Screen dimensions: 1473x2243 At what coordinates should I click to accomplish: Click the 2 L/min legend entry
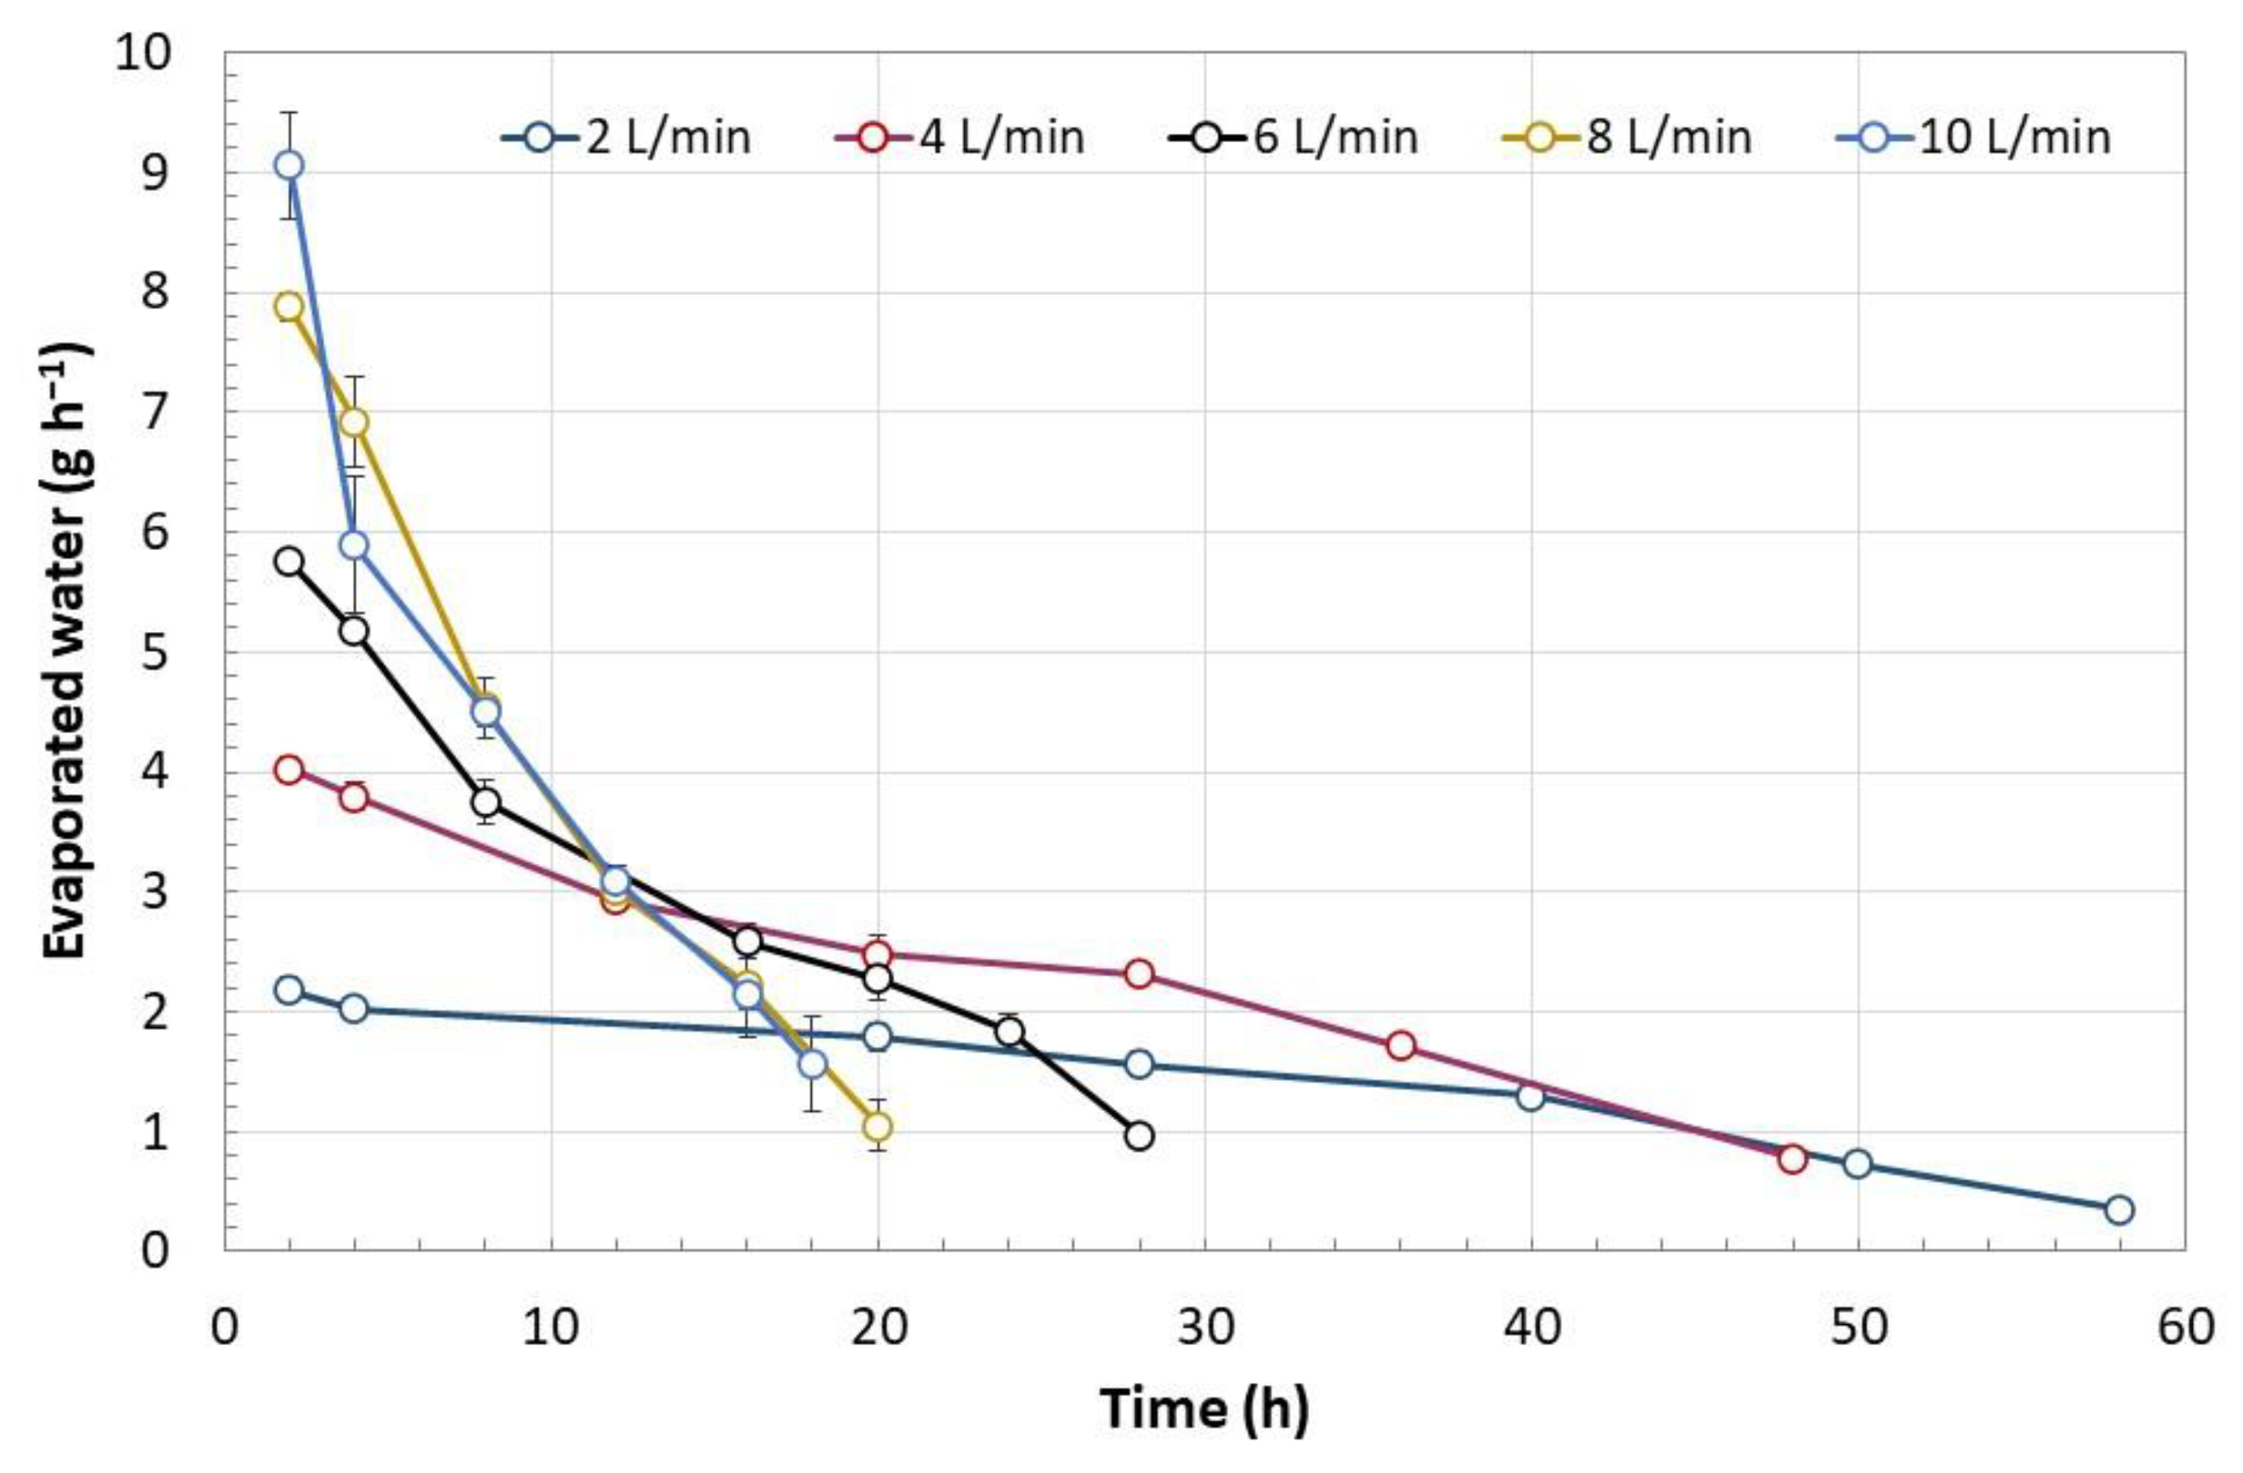(627, 138)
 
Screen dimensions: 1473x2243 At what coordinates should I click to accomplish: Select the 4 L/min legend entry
(961, 138)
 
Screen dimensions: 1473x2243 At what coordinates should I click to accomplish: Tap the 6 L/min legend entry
(1293, 138)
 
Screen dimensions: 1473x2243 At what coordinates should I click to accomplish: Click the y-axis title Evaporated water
(68, 650)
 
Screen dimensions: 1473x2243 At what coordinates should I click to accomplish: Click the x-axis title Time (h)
(1205, 1409)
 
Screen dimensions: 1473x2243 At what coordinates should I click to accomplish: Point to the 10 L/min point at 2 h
(289, 165)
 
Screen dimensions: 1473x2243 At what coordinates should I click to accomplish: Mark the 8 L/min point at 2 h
(289, 306)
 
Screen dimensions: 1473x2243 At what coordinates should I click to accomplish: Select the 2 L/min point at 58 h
(2118, 1210)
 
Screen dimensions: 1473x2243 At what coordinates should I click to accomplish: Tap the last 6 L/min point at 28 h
(1139, 1135)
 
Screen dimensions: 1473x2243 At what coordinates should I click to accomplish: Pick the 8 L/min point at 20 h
(878, 1126)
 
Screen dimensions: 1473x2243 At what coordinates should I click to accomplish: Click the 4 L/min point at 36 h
(1400, 1045)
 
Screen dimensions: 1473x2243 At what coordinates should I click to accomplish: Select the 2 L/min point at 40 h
(1531, 1096)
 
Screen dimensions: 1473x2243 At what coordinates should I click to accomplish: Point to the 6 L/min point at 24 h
(1008, 1032)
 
